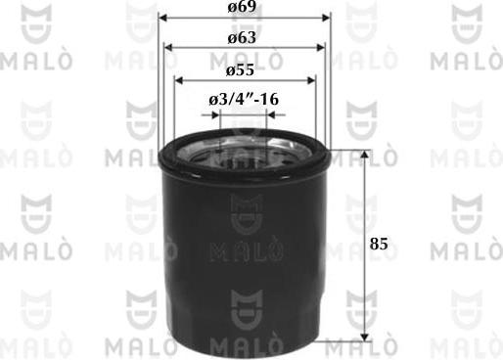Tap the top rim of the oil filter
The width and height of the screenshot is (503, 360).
click(245, 147)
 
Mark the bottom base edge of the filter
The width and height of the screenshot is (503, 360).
click(245, 343)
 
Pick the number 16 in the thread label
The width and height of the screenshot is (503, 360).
click(268, 99)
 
